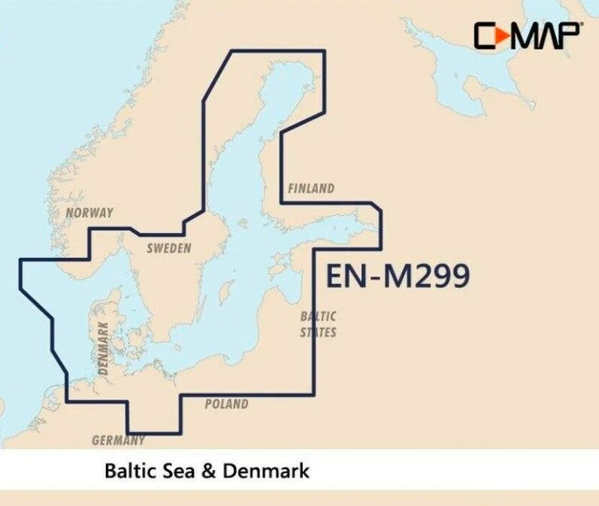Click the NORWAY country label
pyautogui.click(x=89, y=213)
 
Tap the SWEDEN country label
pyautogui.click(x=168, y=248)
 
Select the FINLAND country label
pyautogui.click(x=310, y=189)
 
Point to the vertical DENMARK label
pyautogui.click(x=104, y=349)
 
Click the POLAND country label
pyautogui.click(x=226, y=404)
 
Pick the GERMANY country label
pyautogui.click(x=118, y=440)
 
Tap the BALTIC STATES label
pyautogui.click(x=318, y=324)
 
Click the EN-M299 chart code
pyautogui.click(x=398, y=276)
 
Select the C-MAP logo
pyautogui.click(x=526, y=35)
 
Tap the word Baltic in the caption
pyautogui.click(x=132, y=472)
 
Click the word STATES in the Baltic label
pyautogui.click(x=318, y=332)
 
